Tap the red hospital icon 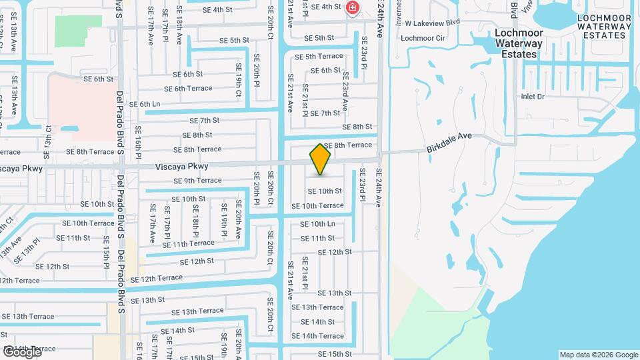point(352,9)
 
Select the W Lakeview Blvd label point(433,22)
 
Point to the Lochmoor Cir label point(423,38)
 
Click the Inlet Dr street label point(533,97)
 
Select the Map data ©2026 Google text point(598,355)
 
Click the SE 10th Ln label point(317,224)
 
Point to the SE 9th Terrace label point(197,181)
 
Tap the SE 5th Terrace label point(319,57)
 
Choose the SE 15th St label point(334,354)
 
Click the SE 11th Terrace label point(189,244)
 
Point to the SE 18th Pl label point(195,223)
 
